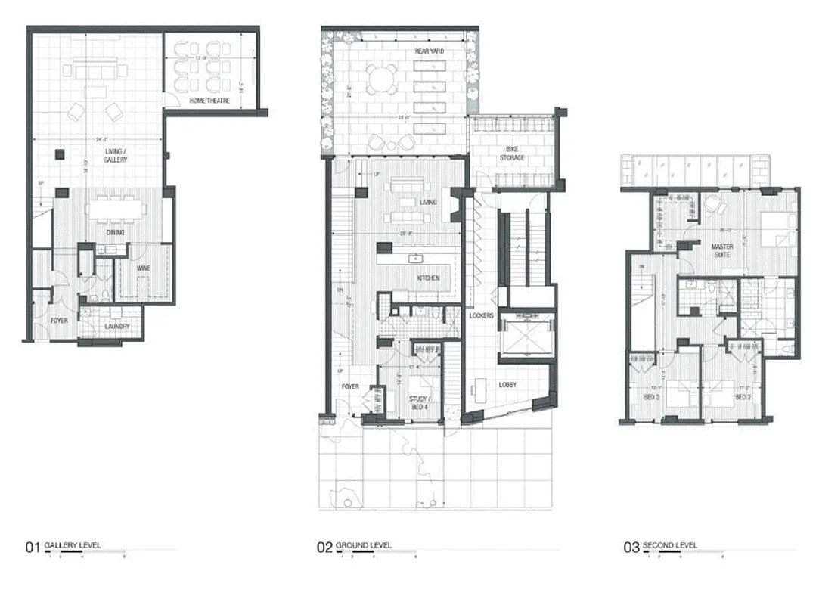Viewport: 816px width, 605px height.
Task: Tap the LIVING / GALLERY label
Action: [116, 156]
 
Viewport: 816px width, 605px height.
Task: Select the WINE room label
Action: [143, 268]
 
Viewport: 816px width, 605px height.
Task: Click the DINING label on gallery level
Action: [115, 232]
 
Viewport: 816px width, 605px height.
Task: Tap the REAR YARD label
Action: [429, 51]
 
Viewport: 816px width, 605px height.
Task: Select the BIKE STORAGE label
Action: [511, 154]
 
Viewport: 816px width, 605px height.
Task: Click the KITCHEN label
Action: [428, 278]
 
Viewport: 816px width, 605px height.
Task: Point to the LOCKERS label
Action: [481, 315]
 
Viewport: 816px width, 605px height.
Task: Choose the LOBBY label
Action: [507, 384]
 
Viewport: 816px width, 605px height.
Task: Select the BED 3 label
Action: [651, 396]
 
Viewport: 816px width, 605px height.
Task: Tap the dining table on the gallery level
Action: [115, 208]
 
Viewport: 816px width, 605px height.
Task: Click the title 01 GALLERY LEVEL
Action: [64, 546]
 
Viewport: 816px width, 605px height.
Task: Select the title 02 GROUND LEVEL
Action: [355, 546]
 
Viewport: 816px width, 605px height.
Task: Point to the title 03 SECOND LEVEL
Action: [661, 546]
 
